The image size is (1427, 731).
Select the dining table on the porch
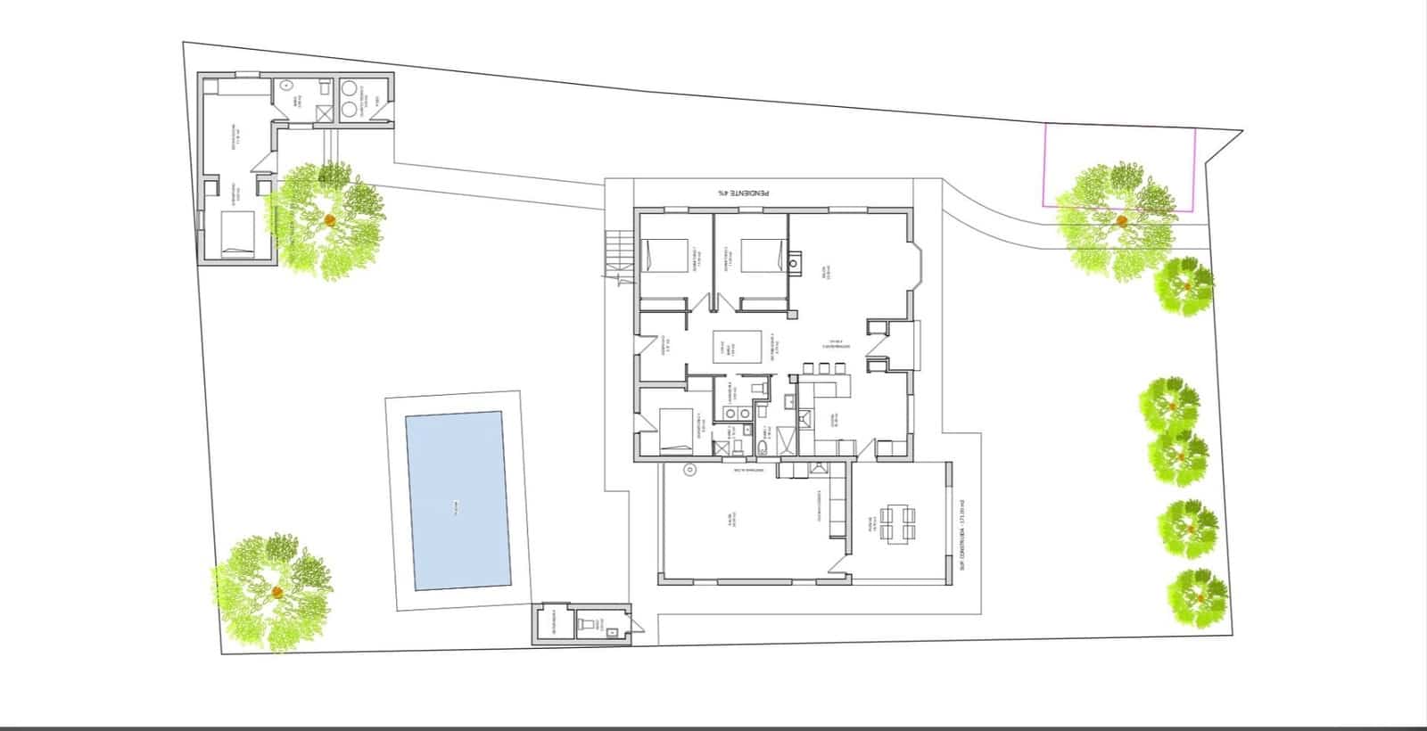tap(897, 522)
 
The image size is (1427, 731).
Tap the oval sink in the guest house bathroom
tap(286, 86)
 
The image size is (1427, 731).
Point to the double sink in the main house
tap(736, 413)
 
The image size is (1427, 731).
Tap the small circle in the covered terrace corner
tap(689, 470)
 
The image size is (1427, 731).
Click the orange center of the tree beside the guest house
tap(330, 219)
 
